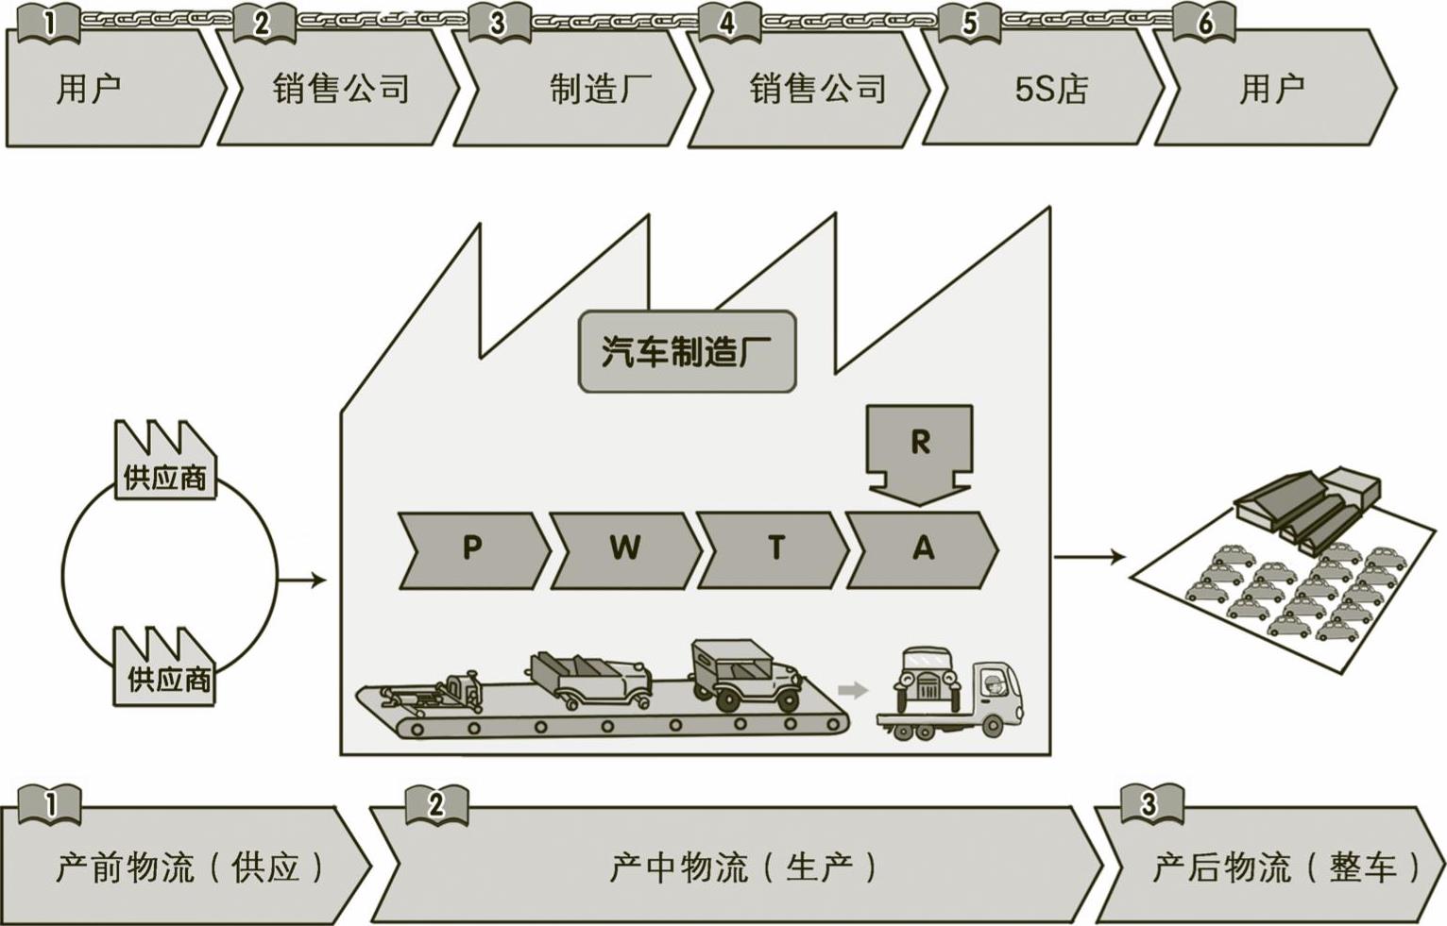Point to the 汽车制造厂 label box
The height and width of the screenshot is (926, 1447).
click(687, 352)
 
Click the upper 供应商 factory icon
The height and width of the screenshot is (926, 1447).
click(163, 463)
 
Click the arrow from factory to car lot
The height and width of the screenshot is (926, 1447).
click(1088, 557)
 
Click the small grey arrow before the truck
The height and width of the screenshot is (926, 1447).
click(853, 690)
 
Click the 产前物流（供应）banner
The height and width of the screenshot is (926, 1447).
click(184, 866)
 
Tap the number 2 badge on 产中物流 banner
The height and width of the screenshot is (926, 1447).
click(435, 805)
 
